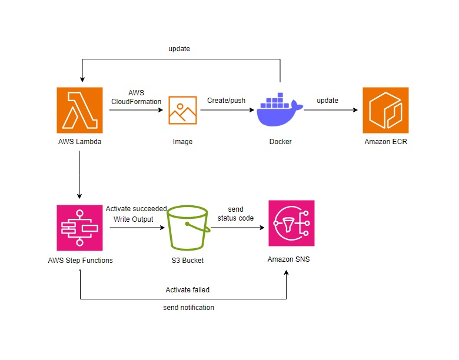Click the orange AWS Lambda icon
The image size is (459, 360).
(79, 110)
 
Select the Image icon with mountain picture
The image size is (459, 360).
(182, 110)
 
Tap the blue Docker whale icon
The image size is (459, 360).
(280, 110)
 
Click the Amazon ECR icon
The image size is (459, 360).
(385, 110)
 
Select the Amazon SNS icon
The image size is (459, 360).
(291, 223)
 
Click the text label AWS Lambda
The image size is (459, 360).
(79, 141)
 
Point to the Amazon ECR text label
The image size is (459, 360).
(385, 141)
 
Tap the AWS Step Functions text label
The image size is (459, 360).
(79, 259)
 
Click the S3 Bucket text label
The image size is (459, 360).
(187, 259)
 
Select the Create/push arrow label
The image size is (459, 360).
(226, 101)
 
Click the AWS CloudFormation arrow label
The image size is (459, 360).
(136, 97)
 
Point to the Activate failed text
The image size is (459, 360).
(188, 289)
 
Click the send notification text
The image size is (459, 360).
(188, 308)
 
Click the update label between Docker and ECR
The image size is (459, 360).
(328, 101)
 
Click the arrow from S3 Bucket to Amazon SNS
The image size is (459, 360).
(235, 227)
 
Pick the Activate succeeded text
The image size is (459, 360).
(136, 209)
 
